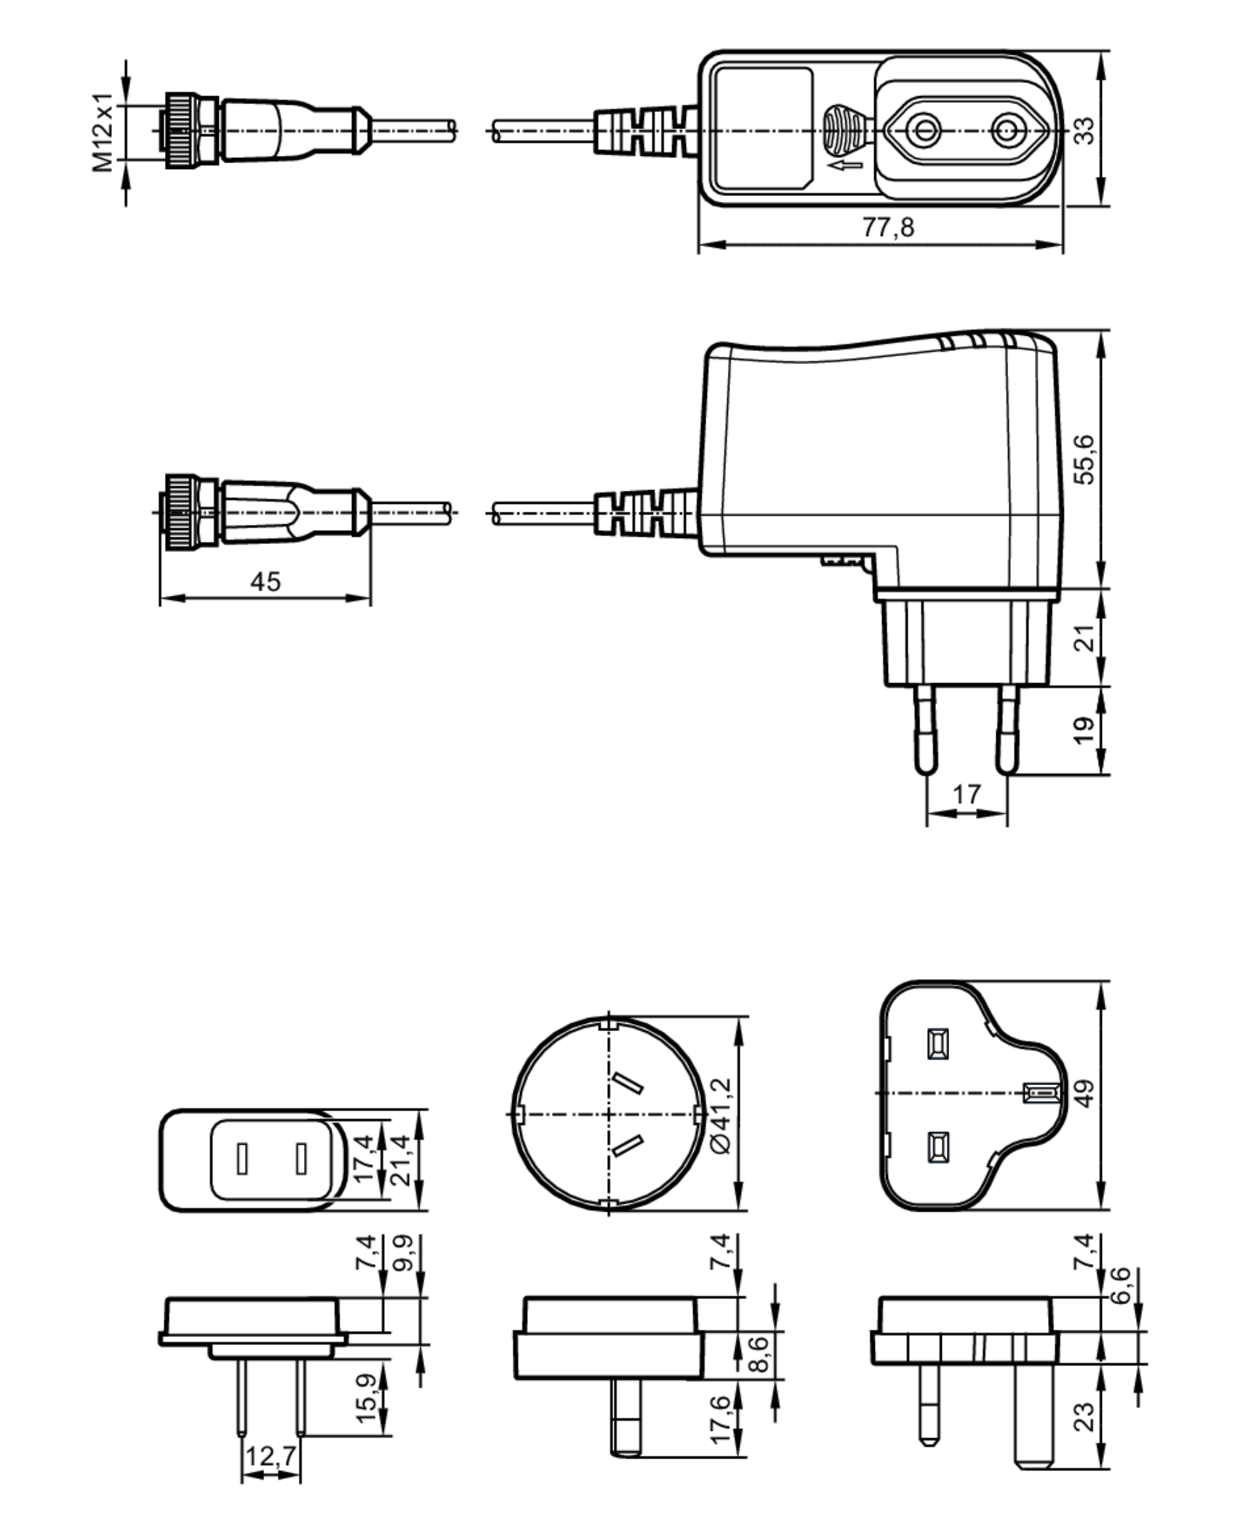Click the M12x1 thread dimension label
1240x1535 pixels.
tap(103, 132)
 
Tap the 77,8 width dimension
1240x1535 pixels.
tap(888, 227)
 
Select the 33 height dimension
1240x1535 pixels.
tap(1084, 130)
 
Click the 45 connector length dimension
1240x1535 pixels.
tap(265, 582)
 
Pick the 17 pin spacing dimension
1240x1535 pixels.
tap(967, 794)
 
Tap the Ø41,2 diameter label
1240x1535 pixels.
tap(722, 1114)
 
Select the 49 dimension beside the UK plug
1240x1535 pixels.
tap(1084, 1094)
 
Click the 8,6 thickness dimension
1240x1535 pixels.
tap(760, 1354)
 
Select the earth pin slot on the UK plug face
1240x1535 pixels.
tap(1039, 1093)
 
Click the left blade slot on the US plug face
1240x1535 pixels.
tap(242, 1158)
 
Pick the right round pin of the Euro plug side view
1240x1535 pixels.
tap(1007, 729)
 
